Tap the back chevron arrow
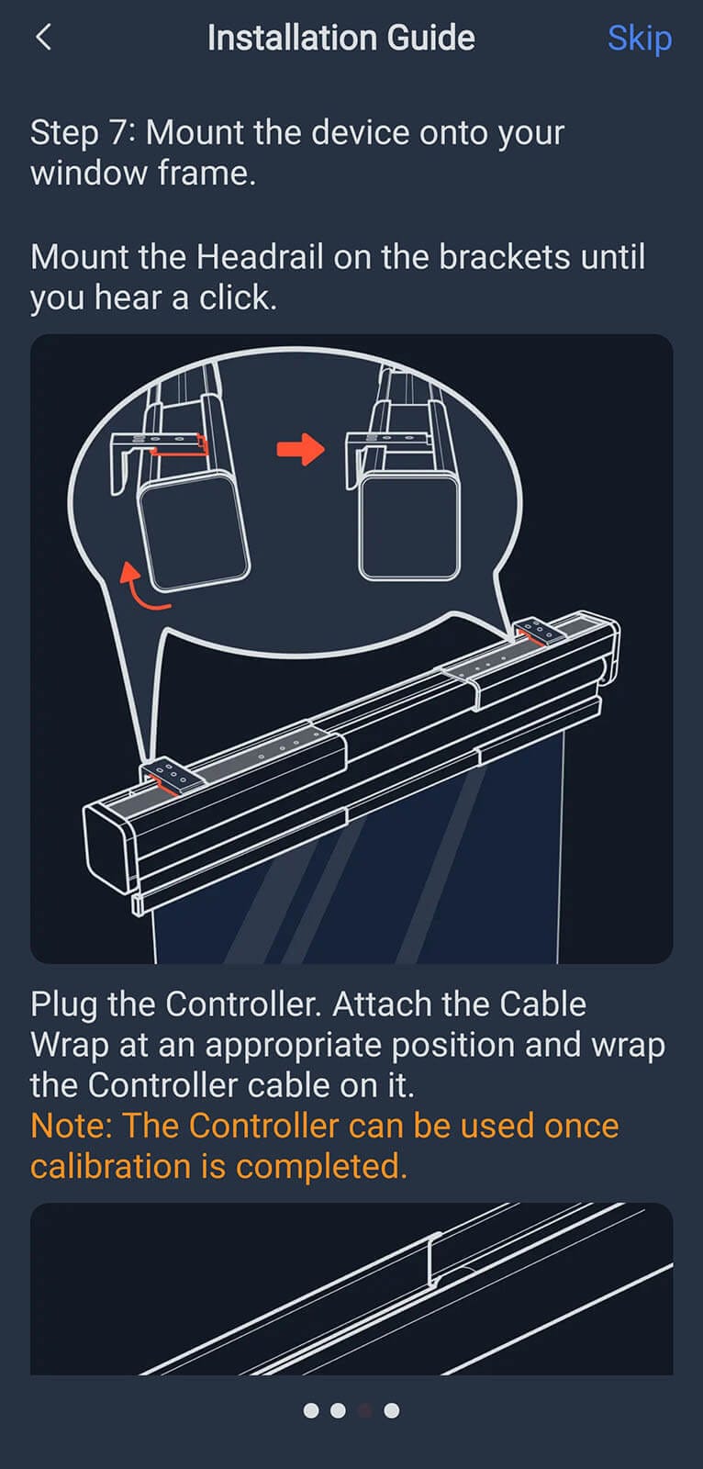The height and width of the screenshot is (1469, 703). tap(43, 38)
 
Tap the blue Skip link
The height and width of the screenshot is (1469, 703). tap(640, 39)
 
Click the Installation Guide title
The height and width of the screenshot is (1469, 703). tap(341, 38)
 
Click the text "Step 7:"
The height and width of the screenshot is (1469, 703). tap(84, 132)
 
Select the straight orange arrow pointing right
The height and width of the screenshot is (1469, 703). tap(300, 449)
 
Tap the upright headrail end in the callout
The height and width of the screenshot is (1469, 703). tap(409, 527)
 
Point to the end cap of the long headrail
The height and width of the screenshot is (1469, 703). tap(109, 849)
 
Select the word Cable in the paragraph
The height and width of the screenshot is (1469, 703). tap(542, 1004)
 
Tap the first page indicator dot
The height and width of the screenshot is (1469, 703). tap(311, 1410)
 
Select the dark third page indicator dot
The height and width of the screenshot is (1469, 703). tap(364, 1410)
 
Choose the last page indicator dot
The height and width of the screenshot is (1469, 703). tap(392, 1410)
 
